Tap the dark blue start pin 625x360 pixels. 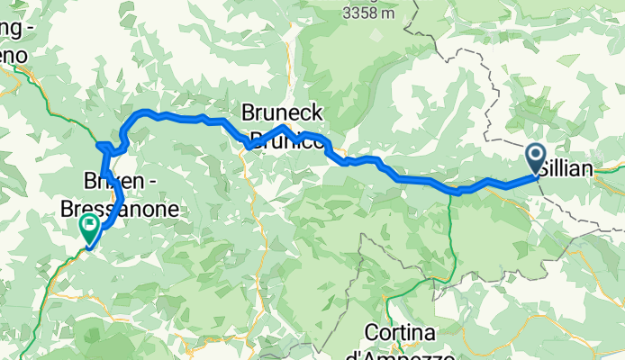coord(535,158)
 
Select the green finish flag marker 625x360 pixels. coord(90,228)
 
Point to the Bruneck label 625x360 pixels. coord(281,112)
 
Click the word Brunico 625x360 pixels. coord(286,140)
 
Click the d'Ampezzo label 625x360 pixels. coord(403,352)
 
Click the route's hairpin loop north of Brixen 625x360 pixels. coord(104,147)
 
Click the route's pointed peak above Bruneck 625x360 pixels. coord(282,127)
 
